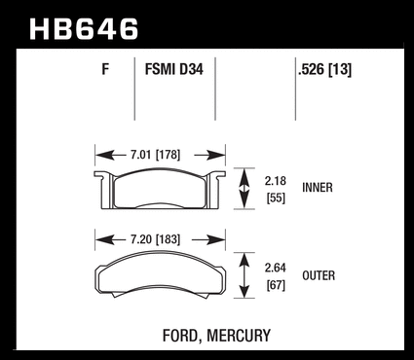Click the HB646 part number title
coord(84,29)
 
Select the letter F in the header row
coord(105,69)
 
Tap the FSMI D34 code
coord(174,69)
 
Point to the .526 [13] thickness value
coord(324,70)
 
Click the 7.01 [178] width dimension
coord(155,155)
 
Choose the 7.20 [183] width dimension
coord(155,239)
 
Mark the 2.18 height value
coord(276,181)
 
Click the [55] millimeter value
coord(276,198)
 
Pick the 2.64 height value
coord(276,268)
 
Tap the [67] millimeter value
coord(276,285)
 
